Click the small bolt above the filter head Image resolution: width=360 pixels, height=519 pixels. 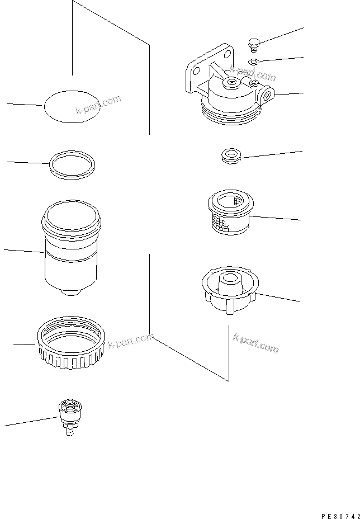tap(253, 44)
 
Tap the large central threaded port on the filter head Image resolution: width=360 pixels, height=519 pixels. tap(230, 84)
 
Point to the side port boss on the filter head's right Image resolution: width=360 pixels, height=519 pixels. tap(268, 95)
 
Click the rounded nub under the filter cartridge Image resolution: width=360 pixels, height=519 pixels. tap(69, 292)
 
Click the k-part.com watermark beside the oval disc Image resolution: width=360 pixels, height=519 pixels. tap(98, 108)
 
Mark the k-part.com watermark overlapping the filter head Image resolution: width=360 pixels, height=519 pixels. tap(253, 74)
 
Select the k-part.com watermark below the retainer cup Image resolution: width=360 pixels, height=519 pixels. tap(255, 343)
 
